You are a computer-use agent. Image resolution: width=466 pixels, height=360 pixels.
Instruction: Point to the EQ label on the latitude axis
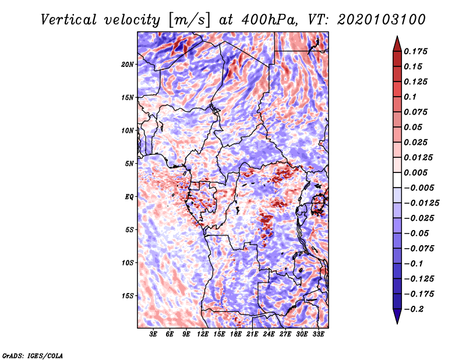(x=129, y=196)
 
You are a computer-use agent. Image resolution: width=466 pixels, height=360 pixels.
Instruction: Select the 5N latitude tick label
(x=130, y=163)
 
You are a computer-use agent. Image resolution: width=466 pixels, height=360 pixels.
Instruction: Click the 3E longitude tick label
(x=154, y=334)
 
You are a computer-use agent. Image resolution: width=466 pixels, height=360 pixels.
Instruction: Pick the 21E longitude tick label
(x=252, y=334)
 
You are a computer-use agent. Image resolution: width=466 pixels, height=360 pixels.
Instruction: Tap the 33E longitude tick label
(x=318, y=334)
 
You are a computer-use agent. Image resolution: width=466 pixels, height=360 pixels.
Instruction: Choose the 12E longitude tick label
(x=203, y=334)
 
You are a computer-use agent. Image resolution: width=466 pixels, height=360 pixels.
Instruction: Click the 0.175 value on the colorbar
(x=417, y=51)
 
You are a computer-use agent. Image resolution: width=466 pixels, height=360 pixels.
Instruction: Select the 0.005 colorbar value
(x=417, y=173)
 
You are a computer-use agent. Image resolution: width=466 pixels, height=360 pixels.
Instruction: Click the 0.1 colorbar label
(x=410, y=97)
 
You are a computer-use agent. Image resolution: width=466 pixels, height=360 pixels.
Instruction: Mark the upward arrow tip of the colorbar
(x=397, y=38)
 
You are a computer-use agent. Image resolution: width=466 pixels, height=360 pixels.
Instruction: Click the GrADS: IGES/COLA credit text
(x=32, y=355)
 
